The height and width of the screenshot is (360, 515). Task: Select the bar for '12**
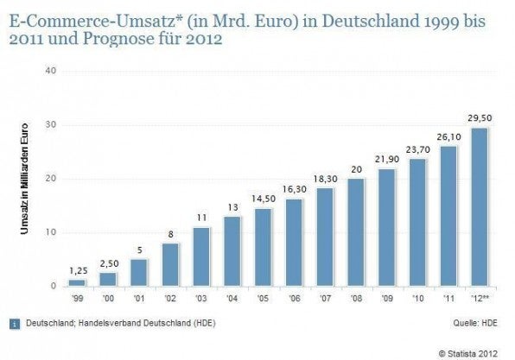pos(478,207)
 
